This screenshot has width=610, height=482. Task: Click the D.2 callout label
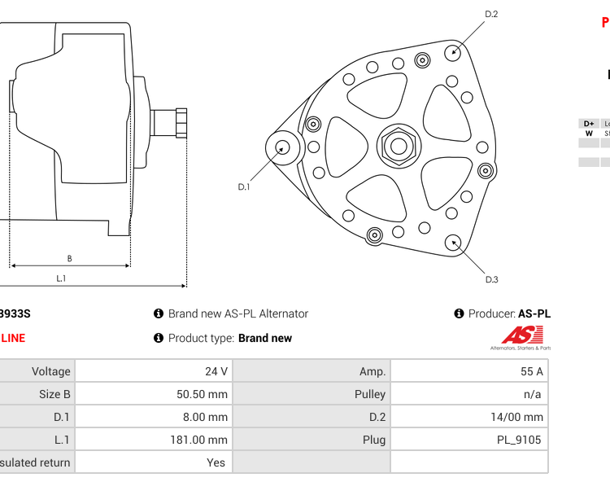pyautogui.click(x=491, y=14)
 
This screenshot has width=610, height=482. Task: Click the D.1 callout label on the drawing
pyautogui.click(x=244, y=187)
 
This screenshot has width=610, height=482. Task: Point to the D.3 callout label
pyautogui.click(x=491, y=280)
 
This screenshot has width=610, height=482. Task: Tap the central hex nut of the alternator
pyautogui.click(x=399, y=147)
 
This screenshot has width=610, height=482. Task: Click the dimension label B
pyautogui.click(x=69, y=259)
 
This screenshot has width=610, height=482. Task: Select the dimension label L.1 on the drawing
pyautogui.click(x=61, y=278)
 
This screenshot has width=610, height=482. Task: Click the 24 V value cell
pyautogui.click(x=216, y=371)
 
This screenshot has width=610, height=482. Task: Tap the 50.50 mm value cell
pyautogui.click(x=203, y=394)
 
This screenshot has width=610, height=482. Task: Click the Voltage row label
pyautogui.click(x=50, y=371)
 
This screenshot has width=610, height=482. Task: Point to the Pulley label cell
pyautogui.click(x=370, y=394)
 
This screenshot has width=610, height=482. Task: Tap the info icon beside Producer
pyautogui.click(x=459, y=313)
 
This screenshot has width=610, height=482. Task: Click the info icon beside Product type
pyautogui.click(x=159, y=338)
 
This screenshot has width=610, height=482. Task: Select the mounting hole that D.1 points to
pyautogui.click(x=282, y=147)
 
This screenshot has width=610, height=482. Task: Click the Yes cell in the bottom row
pyautogui.click(x=216, y=462)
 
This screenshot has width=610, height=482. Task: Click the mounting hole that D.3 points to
pyautogui.click(x=453, y=242)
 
